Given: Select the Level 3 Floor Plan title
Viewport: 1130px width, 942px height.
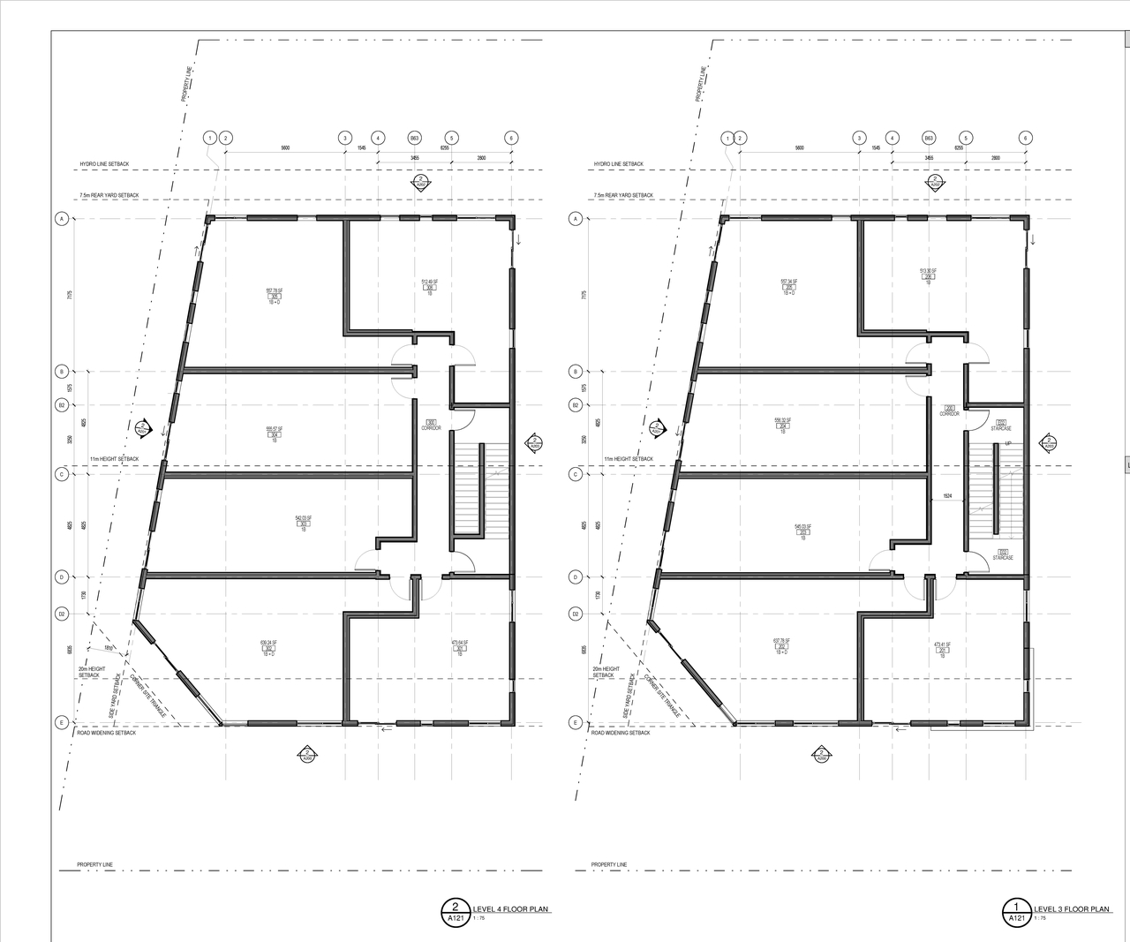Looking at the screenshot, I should tap(1071, 908).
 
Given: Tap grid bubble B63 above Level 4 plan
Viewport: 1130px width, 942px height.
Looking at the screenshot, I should tap(414, 138).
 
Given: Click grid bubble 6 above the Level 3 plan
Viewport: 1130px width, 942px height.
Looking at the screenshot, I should tap(1025, 138).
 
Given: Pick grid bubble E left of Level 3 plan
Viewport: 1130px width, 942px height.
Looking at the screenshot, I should tap(576, 722).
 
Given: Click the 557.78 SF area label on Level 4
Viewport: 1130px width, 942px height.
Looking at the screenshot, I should tap(274, 290).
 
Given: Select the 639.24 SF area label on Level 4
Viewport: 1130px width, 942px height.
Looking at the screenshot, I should tap(268, 643).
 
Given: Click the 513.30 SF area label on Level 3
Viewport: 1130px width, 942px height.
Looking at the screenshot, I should tap(928, 271).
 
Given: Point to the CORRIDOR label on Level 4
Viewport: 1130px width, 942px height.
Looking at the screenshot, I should tap(431, 427).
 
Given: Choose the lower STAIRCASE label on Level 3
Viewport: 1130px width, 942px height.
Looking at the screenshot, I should tap(1003, 557).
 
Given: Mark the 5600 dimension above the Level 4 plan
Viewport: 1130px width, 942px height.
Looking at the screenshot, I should tap(285, 148).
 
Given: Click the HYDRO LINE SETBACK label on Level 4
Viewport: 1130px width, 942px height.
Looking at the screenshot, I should tap(104, 164).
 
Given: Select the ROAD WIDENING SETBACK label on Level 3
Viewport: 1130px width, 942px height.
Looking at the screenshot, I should tap(620, 733).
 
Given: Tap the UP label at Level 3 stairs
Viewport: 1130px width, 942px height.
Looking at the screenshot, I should tap(1007, 444).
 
